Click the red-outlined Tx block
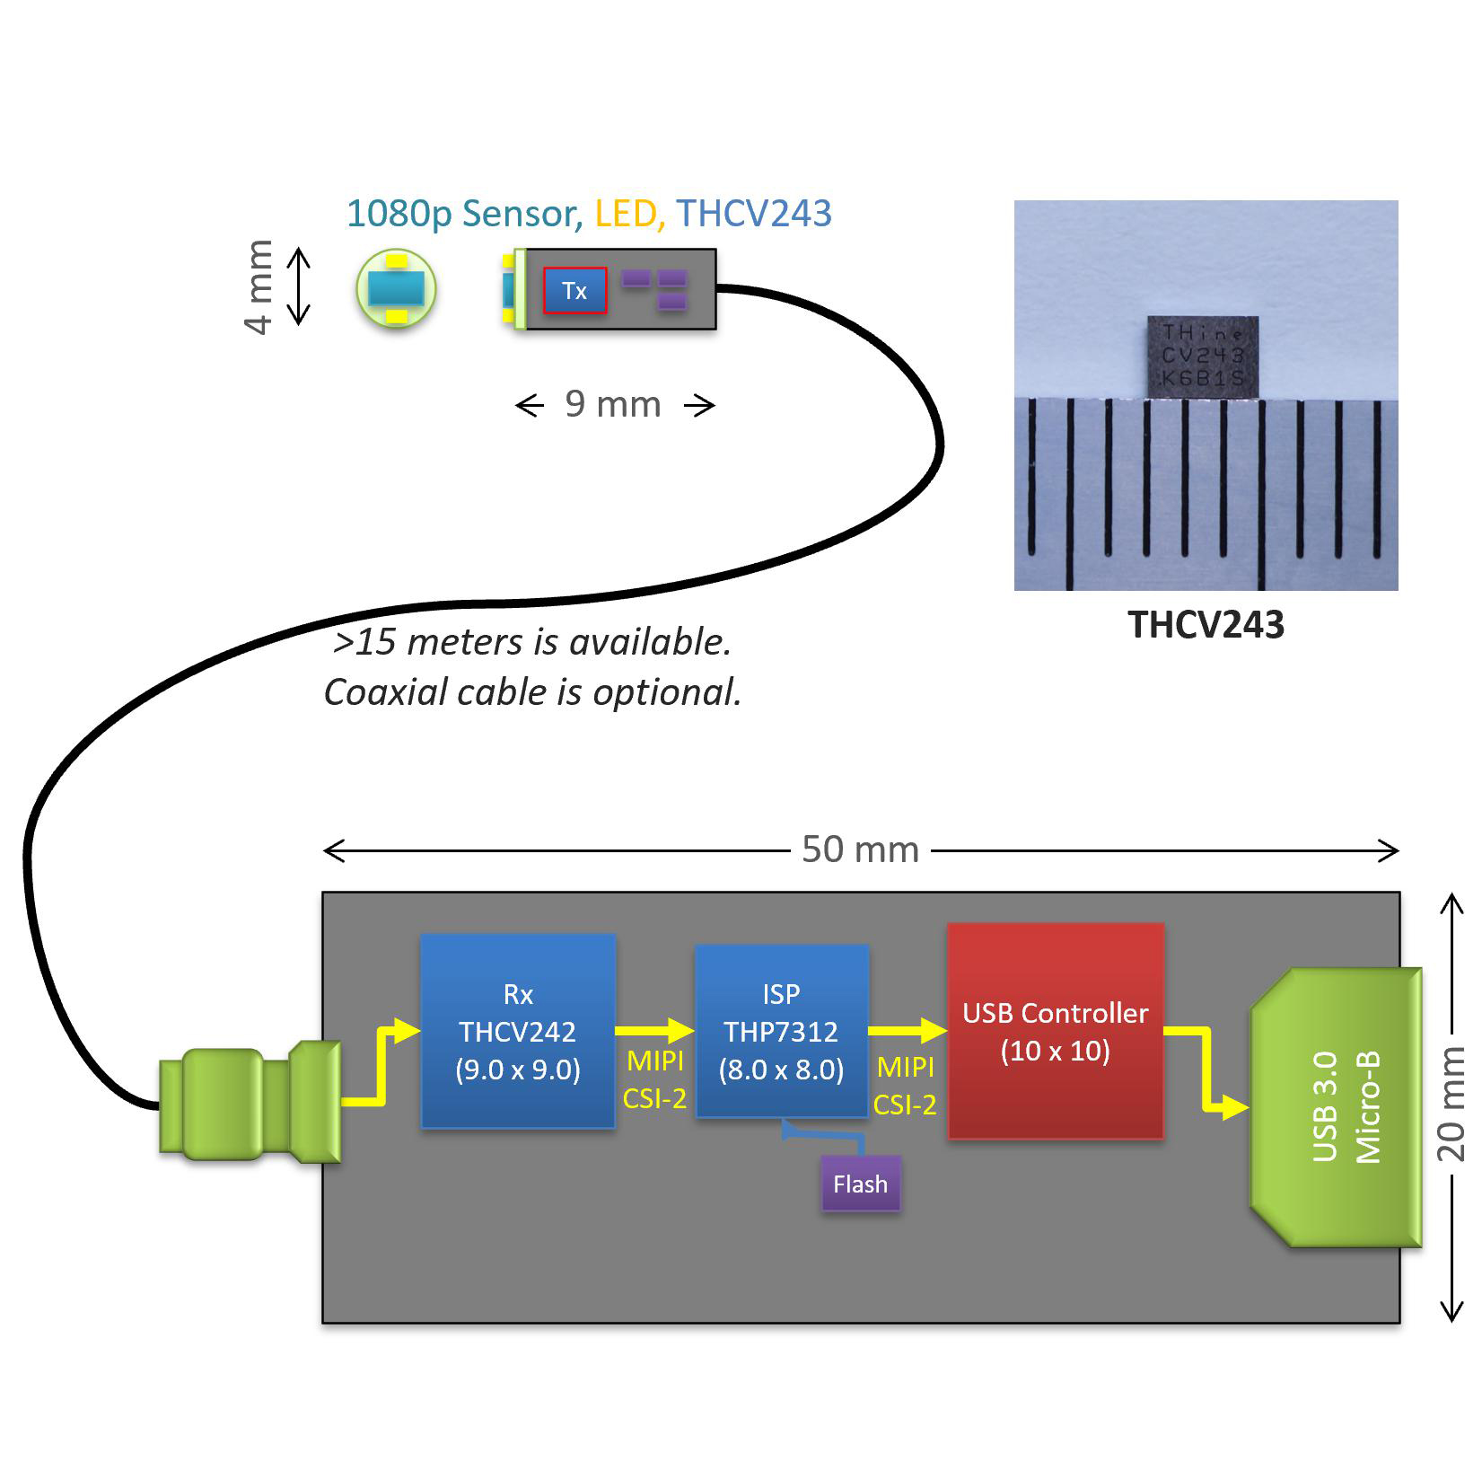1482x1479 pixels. (574, 291)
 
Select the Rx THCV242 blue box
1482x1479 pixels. (518, 1031)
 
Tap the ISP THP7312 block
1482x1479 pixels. (781, 1031)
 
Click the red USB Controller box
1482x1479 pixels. (1056, 1031)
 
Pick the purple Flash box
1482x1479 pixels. (860, 1184)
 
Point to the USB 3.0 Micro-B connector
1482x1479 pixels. (1337, 1106)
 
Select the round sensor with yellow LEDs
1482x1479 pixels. (396, 289)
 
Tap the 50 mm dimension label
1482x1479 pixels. (860, 850)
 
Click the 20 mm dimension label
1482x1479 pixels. (1451, 1106)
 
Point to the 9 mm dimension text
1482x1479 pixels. (613, 405)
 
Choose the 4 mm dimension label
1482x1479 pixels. (259, 287)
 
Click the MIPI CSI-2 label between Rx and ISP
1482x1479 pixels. (654, 1079)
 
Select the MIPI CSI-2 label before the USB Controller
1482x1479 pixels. (905, 1085)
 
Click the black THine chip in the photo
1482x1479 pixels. (1203, 357)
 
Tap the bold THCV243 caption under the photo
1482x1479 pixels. (1206, 625)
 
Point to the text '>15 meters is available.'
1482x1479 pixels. (531, 642)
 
